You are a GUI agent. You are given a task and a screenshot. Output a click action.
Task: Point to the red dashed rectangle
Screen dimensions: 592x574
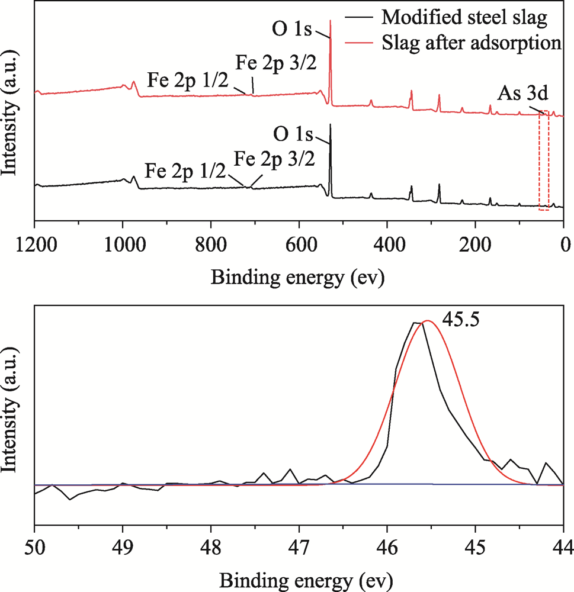[544, 160]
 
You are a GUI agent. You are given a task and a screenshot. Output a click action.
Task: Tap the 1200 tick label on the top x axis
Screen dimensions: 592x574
[35, 244]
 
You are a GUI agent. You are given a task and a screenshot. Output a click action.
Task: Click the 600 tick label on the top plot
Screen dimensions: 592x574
[299, 244]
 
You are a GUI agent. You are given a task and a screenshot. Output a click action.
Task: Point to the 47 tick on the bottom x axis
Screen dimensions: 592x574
[299, 544]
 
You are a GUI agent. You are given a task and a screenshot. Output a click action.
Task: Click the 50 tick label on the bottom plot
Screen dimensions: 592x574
[35, 544]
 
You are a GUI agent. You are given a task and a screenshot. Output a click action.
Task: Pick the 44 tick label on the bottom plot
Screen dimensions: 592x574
[563, 544]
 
